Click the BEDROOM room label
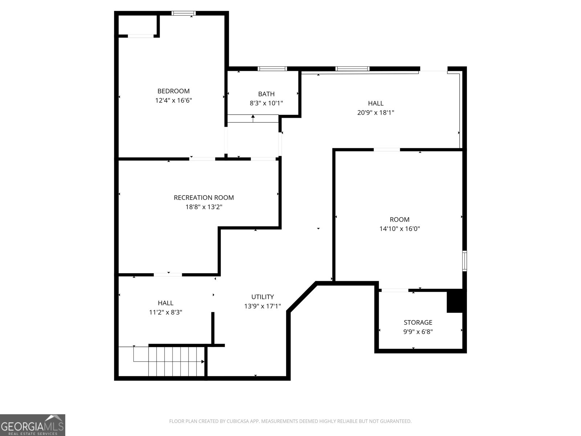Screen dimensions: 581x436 173,91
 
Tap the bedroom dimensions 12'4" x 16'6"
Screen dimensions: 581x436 173,100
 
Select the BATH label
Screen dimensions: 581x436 266,94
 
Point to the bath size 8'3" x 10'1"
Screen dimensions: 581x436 266,103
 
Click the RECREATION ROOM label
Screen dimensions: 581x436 204,198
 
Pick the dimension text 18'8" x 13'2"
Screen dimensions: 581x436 204,207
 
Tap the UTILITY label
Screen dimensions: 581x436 262,297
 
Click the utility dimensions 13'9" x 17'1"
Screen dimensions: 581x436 262,306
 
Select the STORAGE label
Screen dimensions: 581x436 418,322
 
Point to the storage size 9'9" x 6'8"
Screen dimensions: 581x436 418,331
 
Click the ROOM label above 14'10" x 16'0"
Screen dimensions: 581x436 399,219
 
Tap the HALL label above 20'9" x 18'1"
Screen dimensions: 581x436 375,103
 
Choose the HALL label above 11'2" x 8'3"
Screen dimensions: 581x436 166,303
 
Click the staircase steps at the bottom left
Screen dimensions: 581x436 176,362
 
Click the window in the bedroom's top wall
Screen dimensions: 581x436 183,13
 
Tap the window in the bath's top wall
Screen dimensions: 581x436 272,69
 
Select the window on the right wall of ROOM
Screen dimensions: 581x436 464,261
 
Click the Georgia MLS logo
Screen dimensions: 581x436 33,425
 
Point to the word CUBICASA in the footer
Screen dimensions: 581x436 237,421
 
